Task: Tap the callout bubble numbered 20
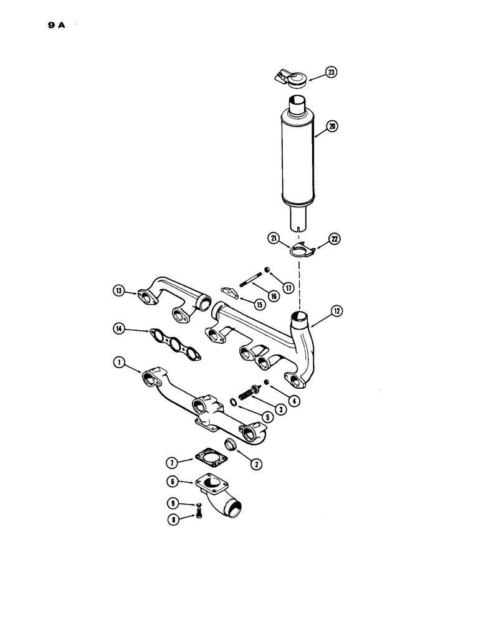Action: tap(332, 126)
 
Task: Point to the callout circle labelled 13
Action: tap(118, 290)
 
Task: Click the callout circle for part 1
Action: tap(118, 360)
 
